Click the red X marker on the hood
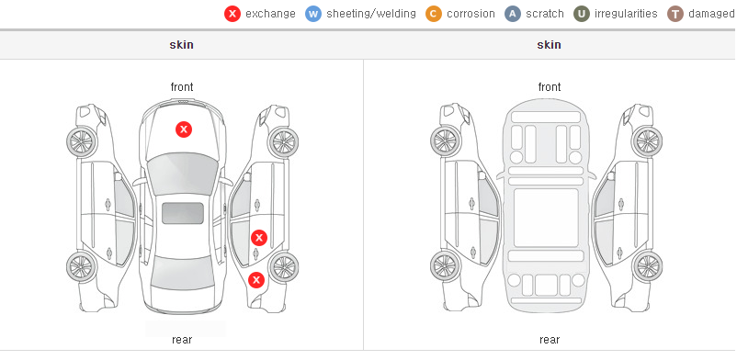(x=184, y=129)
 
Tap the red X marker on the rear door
(x=259, y=238)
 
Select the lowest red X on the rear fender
(x=256, y=281)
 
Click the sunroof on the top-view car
(x=183, y=213)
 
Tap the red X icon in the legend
(x=232, y=14)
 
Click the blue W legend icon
(x=313, y=14)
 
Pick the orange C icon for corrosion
(x=434, y=14)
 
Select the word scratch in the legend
(x=545, y=14)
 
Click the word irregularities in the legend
(x=626, y=14)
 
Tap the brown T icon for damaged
(x=675, y=14)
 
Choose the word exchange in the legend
(x=270, y=14)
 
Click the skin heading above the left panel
(x=181, y=45)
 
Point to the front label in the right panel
(x=550, y=87)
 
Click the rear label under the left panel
(x=182, y=340)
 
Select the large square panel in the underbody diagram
(x=546, y=218)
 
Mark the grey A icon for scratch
(x=513, y=14)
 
